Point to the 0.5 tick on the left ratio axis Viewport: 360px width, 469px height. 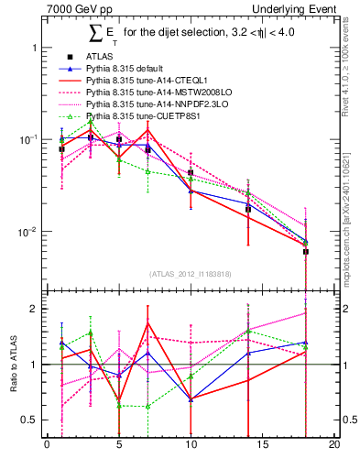29,420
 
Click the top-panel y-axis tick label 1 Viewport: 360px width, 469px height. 34,47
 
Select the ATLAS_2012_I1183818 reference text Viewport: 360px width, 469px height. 191,273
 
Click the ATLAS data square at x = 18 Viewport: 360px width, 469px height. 306,251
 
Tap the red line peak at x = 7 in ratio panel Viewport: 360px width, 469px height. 147,323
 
